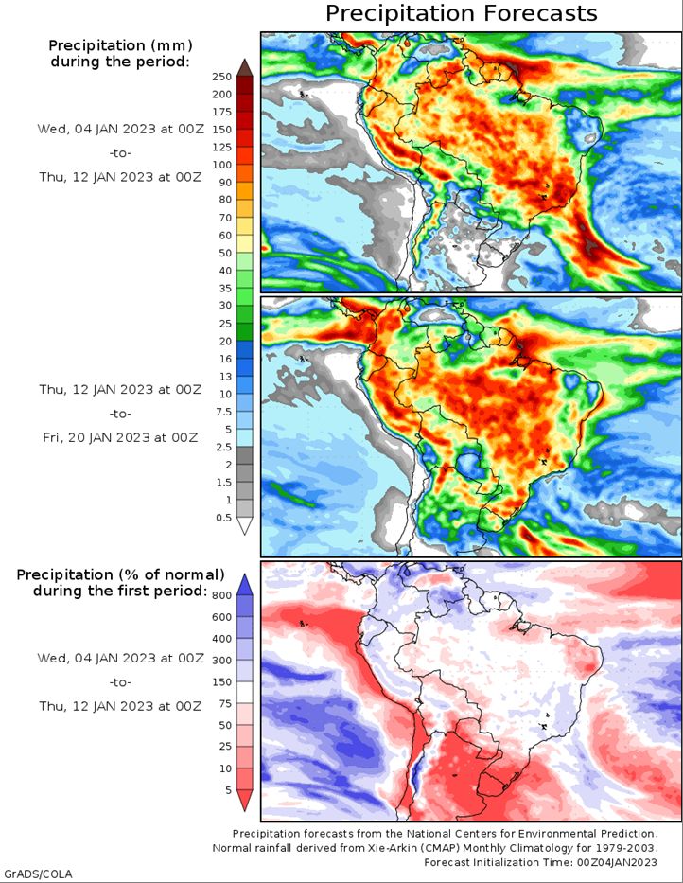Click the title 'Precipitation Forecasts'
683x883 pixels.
[462, 13]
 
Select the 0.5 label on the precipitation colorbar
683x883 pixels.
[222, 517]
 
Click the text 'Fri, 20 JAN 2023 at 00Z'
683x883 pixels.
[118, 437]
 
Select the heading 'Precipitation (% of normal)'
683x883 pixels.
[120, 574]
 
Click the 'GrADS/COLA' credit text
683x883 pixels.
[38, 873]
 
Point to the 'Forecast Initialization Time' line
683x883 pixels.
[541, 862]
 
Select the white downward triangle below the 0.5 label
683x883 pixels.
[244, 526]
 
